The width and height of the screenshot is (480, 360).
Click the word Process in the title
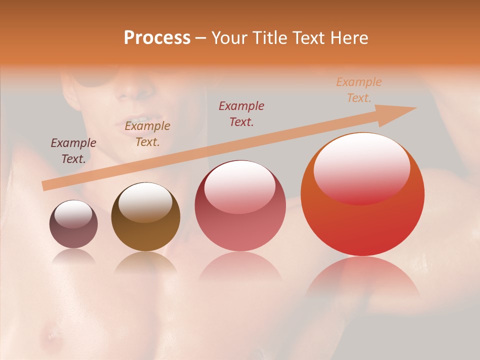coord(157,38)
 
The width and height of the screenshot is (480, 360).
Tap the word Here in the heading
coord(349,38)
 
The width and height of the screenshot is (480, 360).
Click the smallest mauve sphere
coord(73,224)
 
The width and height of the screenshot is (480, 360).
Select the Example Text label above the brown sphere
coord(147,134)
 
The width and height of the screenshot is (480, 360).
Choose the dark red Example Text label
coord(241,113)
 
